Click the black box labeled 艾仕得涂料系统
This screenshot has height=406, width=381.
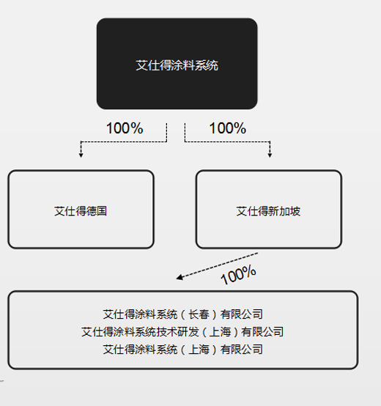pos(177,64)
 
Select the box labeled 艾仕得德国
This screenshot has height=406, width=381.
pos(81,209)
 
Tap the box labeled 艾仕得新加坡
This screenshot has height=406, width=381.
pos(269,209)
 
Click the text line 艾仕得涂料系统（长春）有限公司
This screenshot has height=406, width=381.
pos(182,314)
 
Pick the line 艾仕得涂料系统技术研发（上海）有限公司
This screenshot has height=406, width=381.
pos(182,332)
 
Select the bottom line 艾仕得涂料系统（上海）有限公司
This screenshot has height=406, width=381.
pos(182,350)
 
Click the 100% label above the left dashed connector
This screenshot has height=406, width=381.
pos(125,128)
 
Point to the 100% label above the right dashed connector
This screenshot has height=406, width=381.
pos(228,128)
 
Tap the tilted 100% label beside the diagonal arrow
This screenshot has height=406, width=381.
pos(238,275)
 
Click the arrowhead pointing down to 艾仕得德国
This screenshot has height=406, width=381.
pos(81,155)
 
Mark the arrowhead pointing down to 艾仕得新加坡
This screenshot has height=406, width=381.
pos(270,155)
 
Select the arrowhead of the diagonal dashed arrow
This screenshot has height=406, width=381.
pos(179,277)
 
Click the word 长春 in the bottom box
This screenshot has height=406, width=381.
pos(199,314)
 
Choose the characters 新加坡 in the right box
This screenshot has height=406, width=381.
pos(284,211)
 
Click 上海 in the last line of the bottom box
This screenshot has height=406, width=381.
pos(199,350)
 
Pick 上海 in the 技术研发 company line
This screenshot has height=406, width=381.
pos(220,332)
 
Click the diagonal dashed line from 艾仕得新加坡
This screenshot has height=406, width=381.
pos(217,266)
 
